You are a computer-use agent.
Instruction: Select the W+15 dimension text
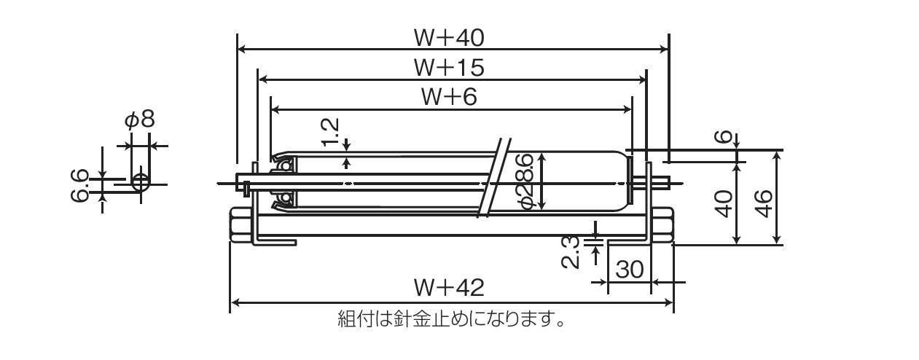[449, 67]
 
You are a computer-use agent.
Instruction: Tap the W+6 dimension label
[449, 96]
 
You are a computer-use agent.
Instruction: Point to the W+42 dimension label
[449, 288]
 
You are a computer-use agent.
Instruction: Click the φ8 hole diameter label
[139, 120]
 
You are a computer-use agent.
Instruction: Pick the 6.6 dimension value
[81, 185]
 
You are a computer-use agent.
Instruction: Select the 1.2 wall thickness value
[330, 134]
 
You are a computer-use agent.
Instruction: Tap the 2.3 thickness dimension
[573, 251]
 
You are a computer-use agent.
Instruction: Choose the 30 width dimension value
[629, 270]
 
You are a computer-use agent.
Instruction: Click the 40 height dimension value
[723, 204]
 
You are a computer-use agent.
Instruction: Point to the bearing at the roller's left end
[283, 182]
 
